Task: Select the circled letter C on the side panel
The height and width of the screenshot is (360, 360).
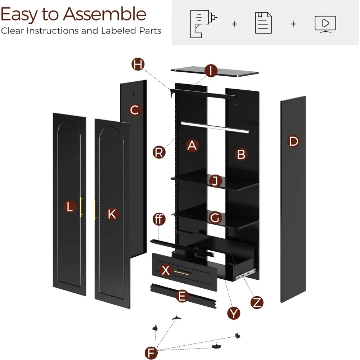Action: pos(134,110)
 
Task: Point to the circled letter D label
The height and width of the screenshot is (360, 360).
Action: pos(294,141)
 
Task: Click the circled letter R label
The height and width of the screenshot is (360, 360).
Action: pos(159,152)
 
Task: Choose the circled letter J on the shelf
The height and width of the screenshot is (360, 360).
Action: pos(215,181)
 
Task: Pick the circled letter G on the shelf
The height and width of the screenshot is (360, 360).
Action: pos(215,217)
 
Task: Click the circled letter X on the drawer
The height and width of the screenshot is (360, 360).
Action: pos(166,270)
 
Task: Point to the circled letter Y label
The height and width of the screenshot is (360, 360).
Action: pos(234,313)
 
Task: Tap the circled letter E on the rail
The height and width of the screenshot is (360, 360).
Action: pos(183,296)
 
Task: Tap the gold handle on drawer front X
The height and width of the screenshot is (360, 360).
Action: pos(182,273)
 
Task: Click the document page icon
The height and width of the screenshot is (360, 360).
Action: pos(263,23)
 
